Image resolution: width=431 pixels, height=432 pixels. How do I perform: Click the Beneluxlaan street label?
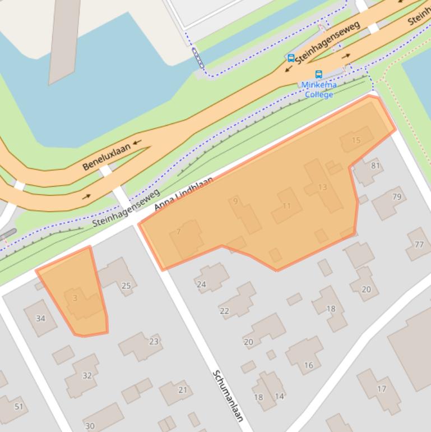click(x=106, y=157)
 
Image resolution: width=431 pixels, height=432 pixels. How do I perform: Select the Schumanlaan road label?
click(x=229, y=395)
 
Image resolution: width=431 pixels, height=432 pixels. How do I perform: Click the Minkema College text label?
click(x=319, y=90)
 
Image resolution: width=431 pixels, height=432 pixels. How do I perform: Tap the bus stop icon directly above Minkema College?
click(x=319, y=74)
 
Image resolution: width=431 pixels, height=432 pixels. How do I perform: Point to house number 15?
click(x=356, y=140)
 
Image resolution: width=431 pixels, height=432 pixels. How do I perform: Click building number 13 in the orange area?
click(x=322, y=187)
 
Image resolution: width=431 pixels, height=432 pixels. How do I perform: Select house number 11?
click(x=286, y=206)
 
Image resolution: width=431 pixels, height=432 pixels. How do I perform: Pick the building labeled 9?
click(x=235, y=201)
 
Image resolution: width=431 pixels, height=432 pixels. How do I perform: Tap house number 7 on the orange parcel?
click(x=179, y=232)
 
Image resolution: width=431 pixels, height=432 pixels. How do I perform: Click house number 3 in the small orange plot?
click(x=75, y=298)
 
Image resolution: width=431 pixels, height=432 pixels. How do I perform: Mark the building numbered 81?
click(x=375, y=166)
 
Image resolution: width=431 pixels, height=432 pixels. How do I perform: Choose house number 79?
click(x=397, y=196)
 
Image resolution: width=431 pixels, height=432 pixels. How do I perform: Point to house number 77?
click(x=419, y=245)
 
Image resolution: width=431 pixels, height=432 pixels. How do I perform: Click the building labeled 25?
click(x=126, y=286)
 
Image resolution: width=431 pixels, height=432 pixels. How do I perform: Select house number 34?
click(x=40, y=319)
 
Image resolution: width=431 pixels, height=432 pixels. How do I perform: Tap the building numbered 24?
click(x=201, y=284)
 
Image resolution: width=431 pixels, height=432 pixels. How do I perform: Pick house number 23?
click(x=154, y=341)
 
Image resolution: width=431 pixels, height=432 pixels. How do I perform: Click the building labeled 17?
click(x=382, y=389)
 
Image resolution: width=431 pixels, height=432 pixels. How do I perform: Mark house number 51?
click(x=19, y=406)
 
